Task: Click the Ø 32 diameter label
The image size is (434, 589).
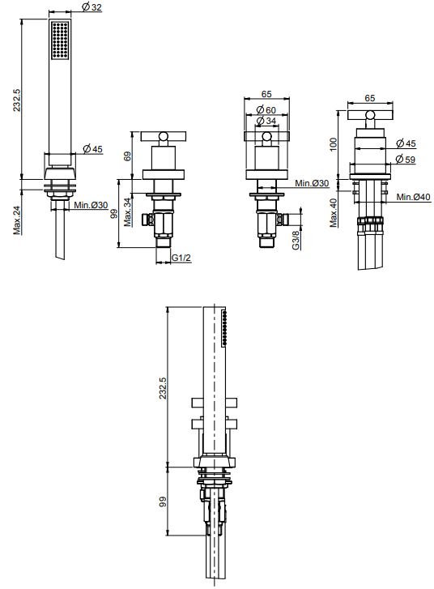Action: [91, 6]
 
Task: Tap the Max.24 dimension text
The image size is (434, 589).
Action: [18, 220]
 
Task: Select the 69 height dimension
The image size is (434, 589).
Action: [127, 156]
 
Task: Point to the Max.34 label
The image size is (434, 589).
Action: [128, 212]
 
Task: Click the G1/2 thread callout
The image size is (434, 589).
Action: [181, 258]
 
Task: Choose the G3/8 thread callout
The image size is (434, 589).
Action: [296, 240]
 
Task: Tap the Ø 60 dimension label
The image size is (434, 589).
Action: [266, 110]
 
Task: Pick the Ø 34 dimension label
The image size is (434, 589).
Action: [266, 121]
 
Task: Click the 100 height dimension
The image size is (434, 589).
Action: [334, 144]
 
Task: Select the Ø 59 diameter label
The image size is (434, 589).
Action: [406, 160]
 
